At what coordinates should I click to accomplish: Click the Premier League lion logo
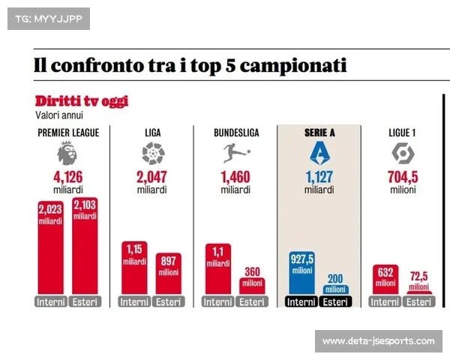tap(67, 154)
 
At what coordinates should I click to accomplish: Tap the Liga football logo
tap(152, 154)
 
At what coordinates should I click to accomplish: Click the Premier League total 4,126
tap(67, 178)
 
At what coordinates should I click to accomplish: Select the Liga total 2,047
tap(152, 178)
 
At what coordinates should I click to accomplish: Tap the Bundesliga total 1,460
tap(236, 178)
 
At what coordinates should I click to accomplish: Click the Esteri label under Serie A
tap(336, 302)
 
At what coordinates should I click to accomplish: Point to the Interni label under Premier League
tap(50, 302)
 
